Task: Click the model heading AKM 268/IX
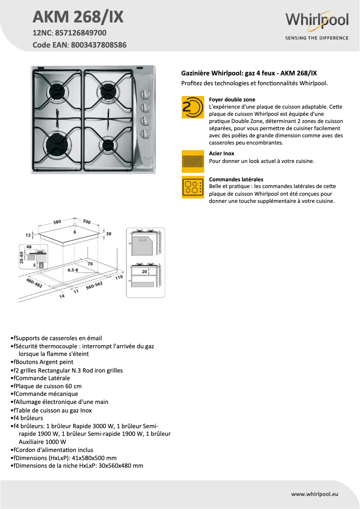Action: tap(78, 17)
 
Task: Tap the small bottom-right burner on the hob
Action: tap(108, 144)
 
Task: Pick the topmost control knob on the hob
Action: tap(145, 95)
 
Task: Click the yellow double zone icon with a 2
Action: tap(193, 107)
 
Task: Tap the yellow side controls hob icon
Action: tap(193, 187)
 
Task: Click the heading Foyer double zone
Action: tap(232, 99)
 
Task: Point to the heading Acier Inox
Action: tap(222, 154)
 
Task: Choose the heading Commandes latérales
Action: tap(236, 179)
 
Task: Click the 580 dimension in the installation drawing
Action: tap(57, 222)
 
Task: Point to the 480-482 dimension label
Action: tap(34, 283)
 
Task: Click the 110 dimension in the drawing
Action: tap(119, 277)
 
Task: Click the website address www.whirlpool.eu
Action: tap(314, 494)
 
